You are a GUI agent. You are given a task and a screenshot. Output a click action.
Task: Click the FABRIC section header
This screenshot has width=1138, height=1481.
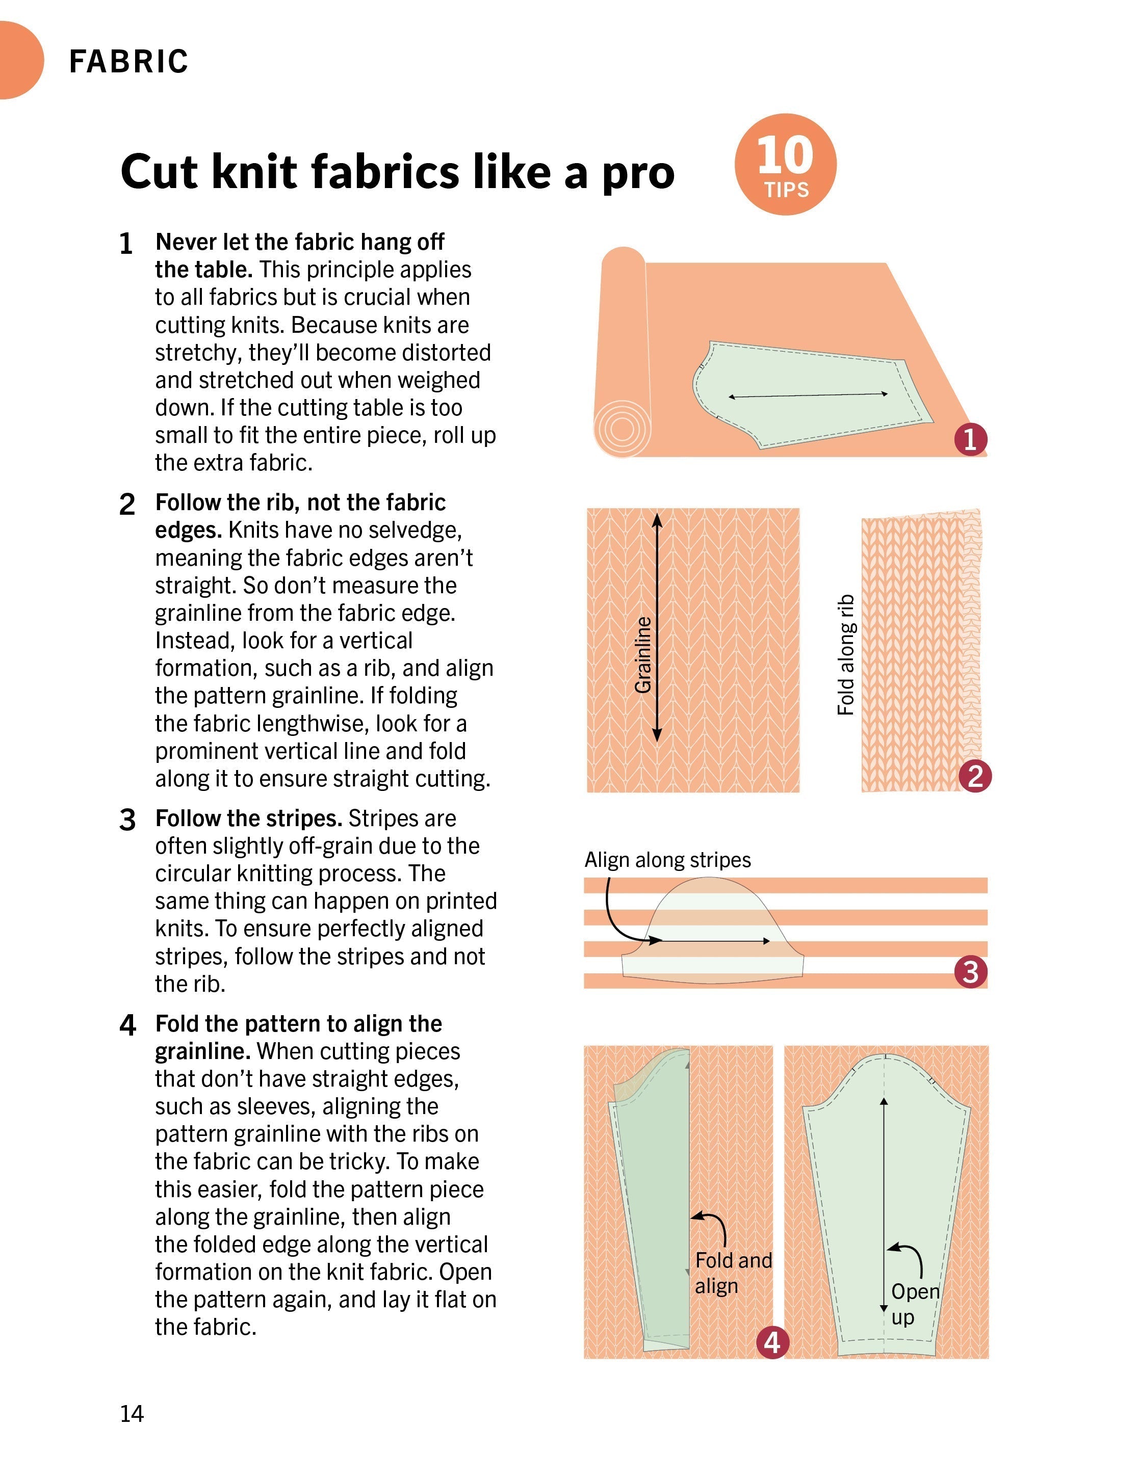tap(128, 62)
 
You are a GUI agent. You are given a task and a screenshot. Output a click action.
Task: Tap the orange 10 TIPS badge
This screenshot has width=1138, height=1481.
tap(785, 165)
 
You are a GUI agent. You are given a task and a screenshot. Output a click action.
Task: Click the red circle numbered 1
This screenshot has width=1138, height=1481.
tap(970, 439)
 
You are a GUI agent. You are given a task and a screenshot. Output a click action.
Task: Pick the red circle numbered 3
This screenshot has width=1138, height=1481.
tap(970, 972)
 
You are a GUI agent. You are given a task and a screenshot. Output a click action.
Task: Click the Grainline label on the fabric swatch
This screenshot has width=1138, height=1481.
tap(643, 655)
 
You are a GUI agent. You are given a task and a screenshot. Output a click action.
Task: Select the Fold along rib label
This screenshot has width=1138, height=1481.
tap(846, 655)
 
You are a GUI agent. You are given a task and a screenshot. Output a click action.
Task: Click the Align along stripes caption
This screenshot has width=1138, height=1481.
tap(667, 860)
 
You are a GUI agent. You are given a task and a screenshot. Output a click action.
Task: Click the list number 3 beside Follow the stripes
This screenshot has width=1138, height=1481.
tap(127, 820)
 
